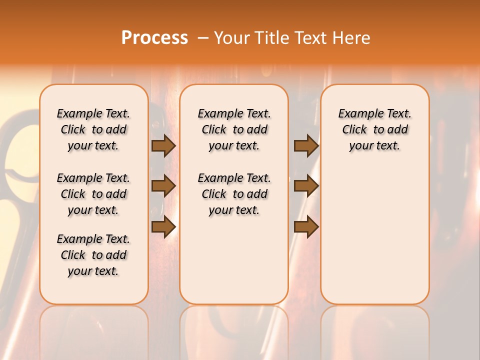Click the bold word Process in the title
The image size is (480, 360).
pyautogui.click(x=154, y=38)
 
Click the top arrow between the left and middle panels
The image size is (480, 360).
pyautogui.click(x=163, y=145)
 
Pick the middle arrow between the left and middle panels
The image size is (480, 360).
pyautogui.click(x=163, y=186)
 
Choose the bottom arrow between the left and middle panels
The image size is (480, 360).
pyautogui.click(x=163, y=226)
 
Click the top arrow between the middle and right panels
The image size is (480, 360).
pyautogui.click(x=306, y=145)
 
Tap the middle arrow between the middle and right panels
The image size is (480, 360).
pyautogui.click(x=306, y=186)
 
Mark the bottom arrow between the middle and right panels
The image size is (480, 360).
pyautogui.click(x=306, y=226)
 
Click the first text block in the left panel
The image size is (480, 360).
pyautogui.click(x=93, y=129)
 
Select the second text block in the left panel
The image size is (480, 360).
pyautogui.click(x=93, y=194)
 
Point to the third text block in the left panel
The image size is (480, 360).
pyautogui.click(x=93, y=255)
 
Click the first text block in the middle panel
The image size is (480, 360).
pyautogui.click(x=234, y=129)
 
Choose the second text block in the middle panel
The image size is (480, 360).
pyautogui.click(x=234, y=194)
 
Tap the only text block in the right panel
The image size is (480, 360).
pyautogui.click(x=375, y=129)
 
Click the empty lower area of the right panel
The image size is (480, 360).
pyautogui.click(x=375, y=235)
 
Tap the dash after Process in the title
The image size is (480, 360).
pyautogui.click(x=203, y=38)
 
